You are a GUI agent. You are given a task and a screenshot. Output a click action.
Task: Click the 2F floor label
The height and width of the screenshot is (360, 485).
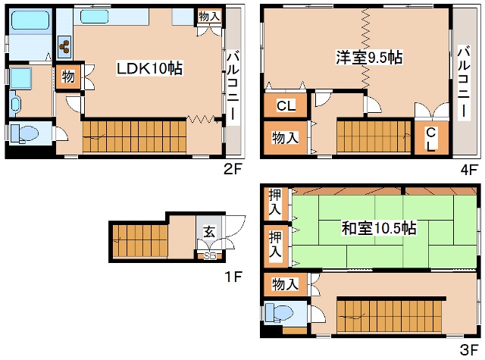click(232, 169)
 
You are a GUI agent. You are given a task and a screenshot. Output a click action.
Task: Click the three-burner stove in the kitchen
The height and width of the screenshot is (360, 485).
click(64, 47)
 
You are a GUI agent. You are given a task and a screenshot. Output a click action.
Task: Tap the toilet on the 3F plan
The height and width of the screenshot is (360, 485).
click(281, 313)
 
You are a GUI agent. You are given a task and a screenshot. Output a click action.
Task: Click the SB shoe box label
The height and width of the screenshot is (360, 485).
click(208, 255)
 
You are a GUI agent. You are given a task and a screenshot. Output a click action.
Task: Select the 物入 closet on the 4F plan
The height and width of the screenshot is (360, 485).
click(285, 137)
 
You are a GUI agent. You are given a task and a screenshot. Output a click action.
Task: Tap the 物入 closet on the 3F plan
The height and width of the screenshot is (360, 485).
click(285, 284)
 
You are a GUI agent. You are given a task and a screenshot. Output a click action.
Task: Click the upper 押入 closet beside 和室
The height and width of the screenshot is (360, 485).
click(275, 202)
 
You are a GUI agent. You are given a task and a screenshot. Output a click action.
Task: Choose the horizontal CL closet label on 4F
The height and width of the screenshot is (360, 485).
click(285, 106)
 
